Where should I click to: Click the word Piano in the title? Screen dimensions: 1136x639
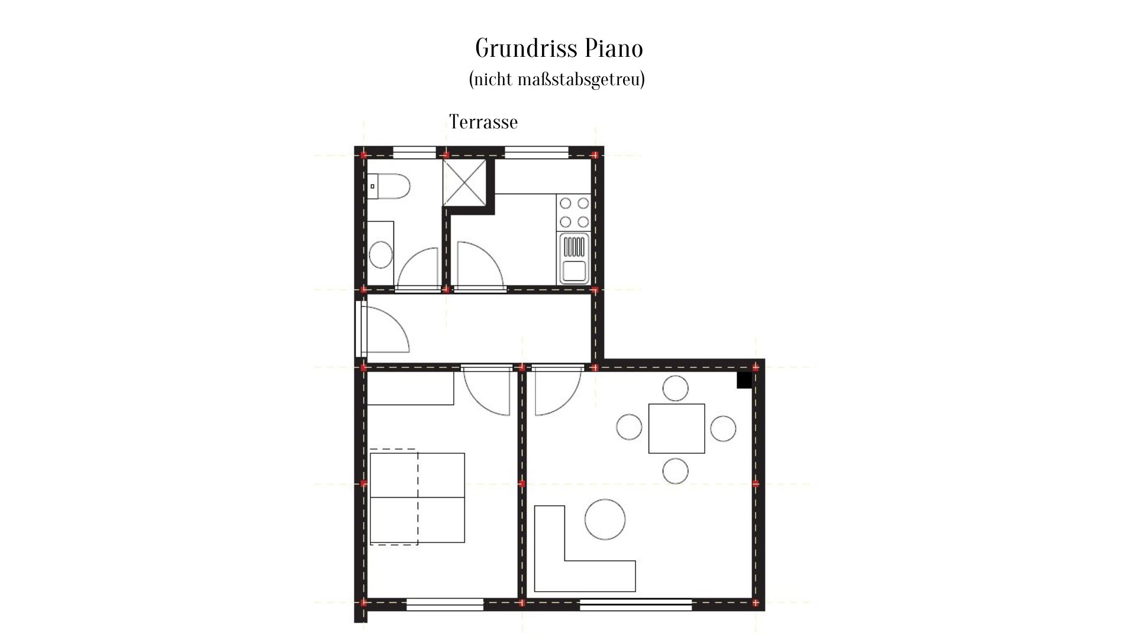click(x=615, y=49)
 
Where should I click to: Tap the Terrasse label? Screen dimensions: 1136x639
click(x=483, y=122)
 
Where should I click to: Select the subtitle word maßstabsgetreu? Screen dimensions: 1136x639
click(x=581, y=79)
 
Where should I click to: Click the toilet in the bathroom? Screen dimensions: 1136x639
click(x=388, y=186)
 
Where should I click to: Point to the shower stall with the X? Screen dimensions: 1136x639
click(x=464, y=182)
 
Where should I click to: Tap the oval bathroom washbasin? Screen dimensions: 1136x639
click(x=380, y=255)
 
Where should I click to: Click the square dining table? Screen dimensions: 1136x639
click(x=676, y=428)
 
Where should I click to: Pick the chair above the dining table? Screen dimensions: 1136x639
click(x=676, y=389)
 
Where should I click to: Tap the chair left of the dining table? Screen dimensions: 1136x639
click(x=629, y=427)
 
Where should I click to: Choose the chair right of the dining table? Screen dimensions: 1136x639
click(x=723, y=428)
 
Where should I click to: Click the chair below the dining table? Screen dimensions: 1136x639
click(x=676, y=471)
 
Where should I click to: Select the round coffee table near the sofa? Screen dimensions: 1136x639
click(x=605, y=519)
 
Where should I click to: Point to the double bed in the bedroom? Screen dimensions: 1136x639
click(x=417, y=498)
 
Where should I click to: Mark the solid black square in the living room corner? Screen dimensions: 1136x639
click(x=744, y=380)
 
